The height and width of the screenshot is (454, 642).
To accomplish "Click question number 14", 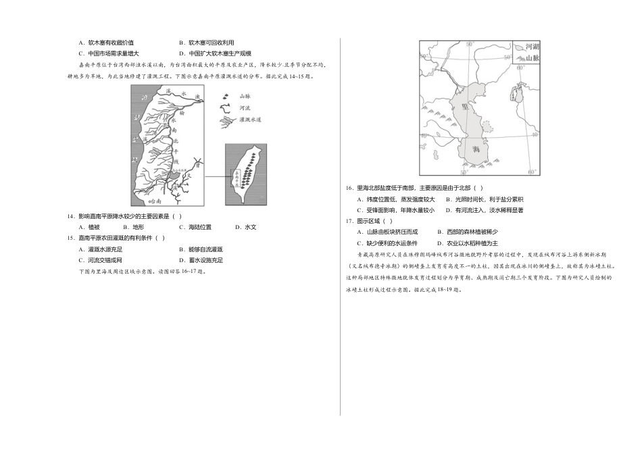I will click(x=71, y=216).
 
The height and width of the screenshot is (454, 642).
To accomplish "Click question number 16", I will click(x=349, y=188).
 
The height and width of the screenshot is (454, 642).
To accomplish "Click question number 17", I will click(x=349, y=221).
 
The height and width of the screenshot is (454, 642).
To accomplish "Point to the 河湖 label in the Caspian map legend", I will click(x=533, y=47).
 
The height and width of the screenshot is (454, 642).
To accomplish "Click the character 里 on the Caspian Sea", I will click(x=465, y=106).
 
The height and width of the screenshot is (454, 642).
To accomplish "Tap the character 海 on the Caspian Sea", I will click(x=477, y=149).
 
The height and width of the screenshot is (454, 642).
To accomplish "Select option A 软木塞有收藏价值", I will click(x=106, y=43).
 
